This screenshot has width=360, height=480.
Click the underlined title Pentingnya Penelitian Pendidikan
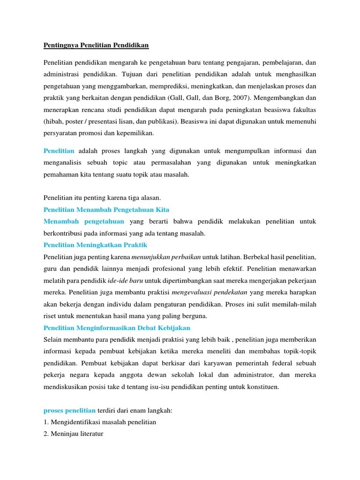click(x=96, y=45)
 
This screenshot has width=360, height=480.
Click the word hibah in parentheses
click(x=54, y=121)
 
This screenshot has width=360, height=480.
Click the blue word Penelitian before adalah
click(x=59, y=151)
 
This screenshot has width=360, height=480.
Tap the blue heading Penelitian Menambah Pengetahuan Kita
click(x=106, y=209)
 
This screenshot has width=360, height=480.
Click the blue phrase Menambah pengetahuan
click(x=84, y=221)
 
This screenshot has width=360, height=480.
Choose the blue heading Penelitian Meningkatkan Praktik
click(x=96, y=245)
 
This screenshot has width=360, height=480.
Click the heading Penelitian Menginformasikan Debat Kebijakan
click(x=117, y=328)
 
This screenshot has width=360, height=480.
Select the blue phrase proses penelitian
click(x=69, y=411)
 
